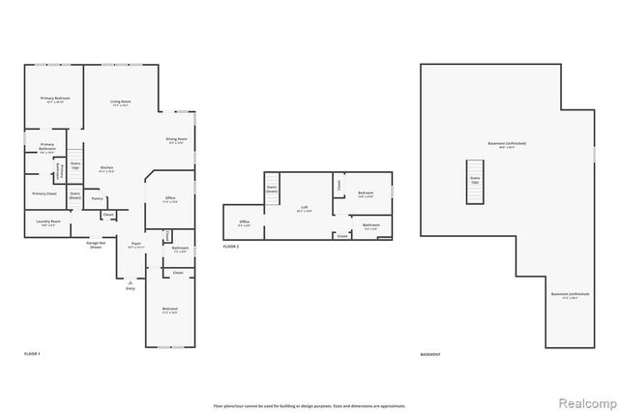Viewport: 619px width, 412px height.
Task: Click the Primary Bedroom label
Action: click(54, 99)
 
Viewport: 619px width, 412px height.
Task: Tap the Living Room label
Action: click(121, 102)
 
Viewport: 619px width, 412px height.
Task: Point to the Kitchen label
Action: click(107, 168)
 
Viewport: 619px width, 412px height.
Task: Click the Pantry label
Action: click(98, 199)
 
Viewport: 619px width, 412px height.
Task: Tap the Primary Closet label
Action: click(44, 193)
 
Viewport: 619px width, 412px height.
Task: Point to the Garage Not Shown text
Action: click(96, 246)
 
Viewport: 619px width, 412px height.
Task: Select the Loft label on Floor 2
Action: click(303, 207)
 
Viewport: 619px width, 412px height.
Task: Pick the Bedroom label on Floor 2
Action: click(366, 192)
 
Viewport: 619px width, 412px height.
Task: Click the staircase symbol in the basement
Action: click(475, 191)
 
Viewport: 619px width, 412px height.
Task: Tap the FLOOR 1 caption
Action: click(32, 355)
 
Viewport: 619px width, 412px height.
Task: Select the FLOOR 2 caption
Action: click(231, 247)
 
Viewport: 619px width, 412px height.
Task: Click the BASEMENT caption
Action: click(430, 355)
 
